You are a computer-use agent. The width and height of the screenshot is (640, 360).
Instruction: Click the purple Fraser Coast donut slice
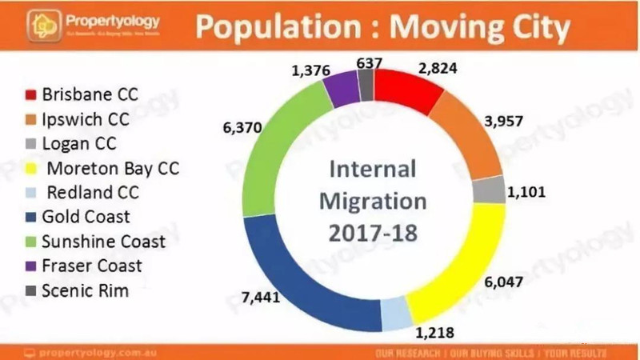tap(343, 82)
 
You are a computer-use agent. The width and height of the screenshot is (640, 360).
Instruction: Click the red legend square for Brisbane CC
tap(30, 94)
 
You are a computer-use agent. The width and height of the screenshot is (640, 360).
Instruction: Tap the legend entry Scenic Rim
tap(86, 290)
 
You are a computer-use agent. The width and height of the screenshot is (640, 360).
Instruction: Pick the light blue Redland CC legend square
tap(30, 192)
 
